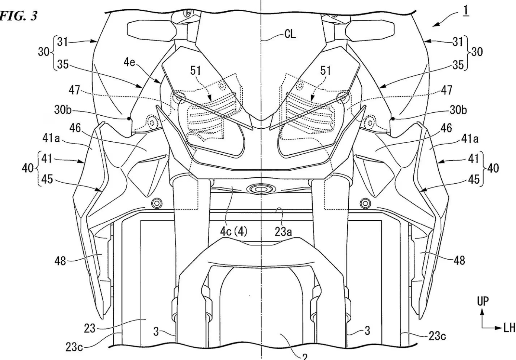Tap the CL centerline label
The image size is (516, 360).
[x=290, y=34]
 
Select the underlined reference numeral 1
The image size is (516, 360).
[x=465, y=11]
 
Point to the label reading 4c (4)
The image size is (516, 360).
[x=234, y=232]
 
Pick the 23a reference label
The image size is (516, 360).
[x=283, y=232]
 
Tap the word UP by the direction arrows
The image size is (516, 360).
[x=483, y=301]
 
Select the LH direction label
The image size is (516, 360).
[x=509, y=328]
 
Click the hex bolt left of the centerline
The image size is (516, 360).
[x=157, y=203]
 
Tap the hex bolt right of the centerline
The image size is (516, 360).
[x=366, y=203]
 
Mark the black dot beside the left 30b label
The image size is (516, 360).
[x=129, y=119]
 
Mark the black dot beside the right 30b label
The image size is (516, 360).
[x=393, y=119]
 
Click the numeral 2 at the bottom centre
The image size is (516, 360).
[x=304, y=356]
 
